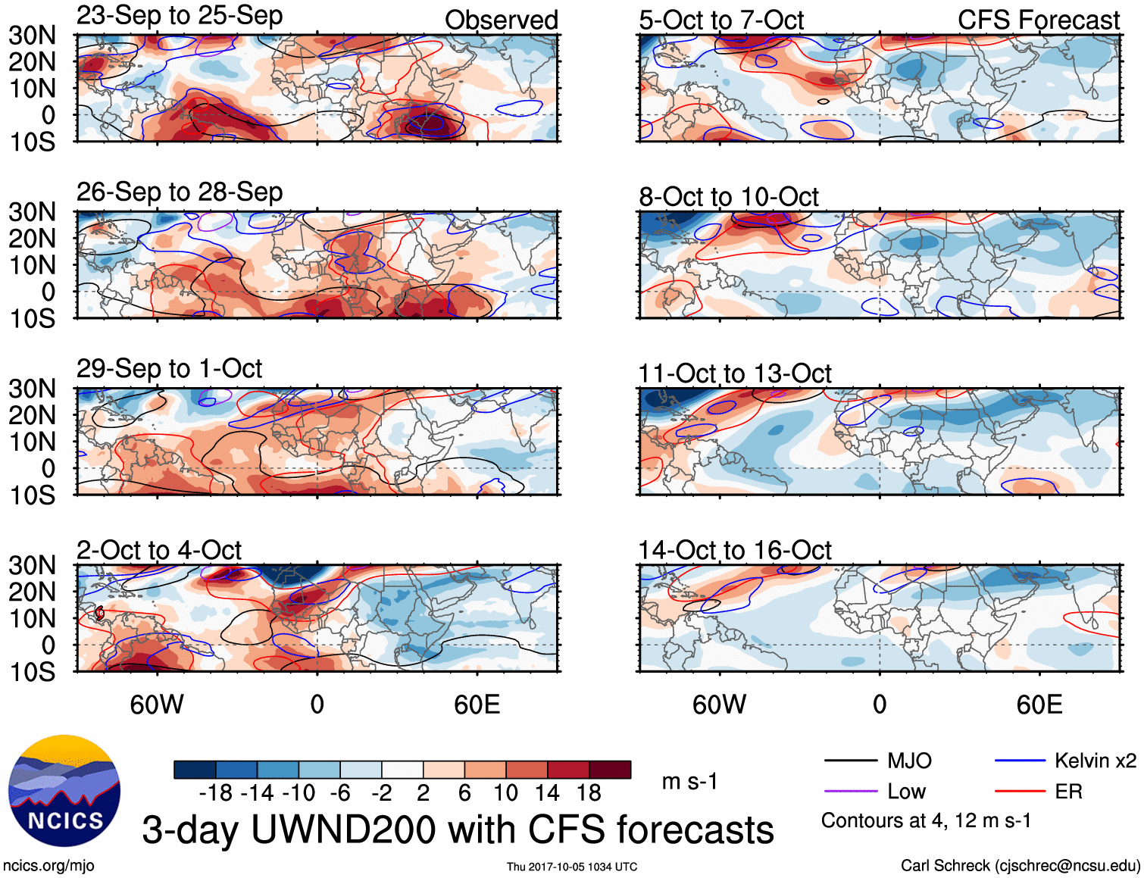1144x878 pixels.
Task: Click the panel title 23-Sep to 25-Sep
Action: point(180,16)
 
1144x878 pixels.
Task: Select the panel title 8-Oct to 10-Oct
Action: point(728,197)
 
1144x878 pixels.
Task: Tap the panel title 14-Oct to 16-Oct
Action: point(734,550)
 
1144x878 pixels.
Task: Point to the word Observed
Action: point(501,20)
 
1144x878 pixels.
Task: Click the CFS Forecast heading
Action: point(1038,20)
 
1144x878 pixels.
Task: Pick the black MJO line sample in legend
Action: point(850,761)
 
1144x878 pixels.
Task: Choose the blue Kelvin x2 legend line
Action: point(1020,761)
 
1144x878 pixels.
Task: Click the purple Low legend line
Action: point(850,792)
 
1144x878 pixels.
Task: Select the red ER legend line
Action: point(1020,792)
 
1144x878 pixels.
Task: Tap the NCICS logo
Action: point(64,790)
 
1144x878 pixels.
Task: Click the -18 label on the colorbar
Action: point(216,793)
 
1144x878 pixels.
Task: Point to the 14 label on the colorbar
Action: point(547,793)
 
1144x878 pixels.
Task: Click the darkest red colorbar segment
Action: point(610,770)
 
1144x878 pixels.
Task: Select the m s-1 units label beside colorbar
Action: point(689,782)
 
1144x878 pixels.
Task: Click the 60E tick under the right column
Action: point(1039,705)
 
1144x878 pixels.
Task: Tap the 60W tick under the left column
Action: point(157,705)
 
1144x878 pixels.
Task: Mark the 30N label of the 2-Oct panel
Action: point(32,565)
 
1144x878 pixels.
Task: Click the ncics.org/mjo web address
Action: point(48,866)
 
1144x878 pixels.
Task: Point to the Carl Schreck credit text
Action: point(1020,866)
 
